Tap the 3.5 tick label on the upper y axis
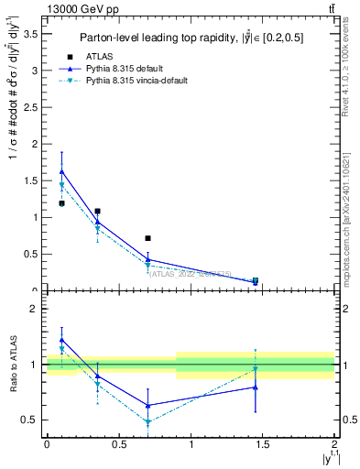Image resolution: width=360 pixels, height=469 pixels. tap(29, 33)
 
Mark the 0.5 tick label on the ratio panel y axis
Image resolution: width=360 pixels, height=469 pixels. tap(29, 420)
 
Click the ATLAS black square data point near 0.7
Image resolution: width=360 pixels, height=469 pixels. tap(147, 238)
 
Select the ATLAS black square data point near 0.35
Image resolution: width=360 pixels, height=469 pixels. tap(97, 211)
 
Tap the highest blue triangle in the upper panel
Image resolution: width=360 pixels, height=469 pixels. tap(61, 171)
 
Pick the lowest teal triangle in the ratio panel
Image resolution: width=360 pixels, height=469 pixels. tap(147, 422)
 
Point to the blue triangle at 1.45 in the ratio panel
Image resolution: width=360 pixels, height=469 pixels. tap(256, 387)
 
